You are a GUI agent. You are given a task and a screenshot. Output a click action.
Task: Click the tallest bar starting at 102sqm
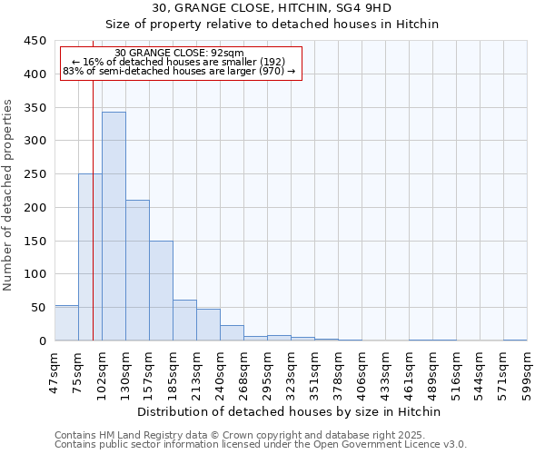click(114, 226)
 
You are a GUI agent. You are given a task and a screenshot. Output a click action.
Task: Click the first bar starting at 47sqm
click(66, 323)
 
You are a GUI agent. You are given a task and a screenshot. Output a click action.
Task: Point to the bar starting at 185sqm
click(184, 321)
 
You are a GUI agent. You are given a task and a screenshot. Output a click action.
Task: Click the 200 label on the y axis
click(35, 208)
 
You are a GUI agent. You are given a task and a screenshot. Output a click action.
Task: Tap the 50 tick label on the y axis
click(39, 308)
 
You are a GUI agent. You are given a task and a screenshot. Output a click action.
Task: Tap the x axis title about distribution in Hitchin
click(290, 411)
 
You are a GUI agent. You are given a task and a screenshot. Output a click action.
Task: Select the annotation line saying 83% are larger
click(179, 71)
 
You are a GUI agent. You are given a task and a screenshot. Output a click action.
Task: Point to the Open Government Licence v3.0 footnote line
click(260, 444)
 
